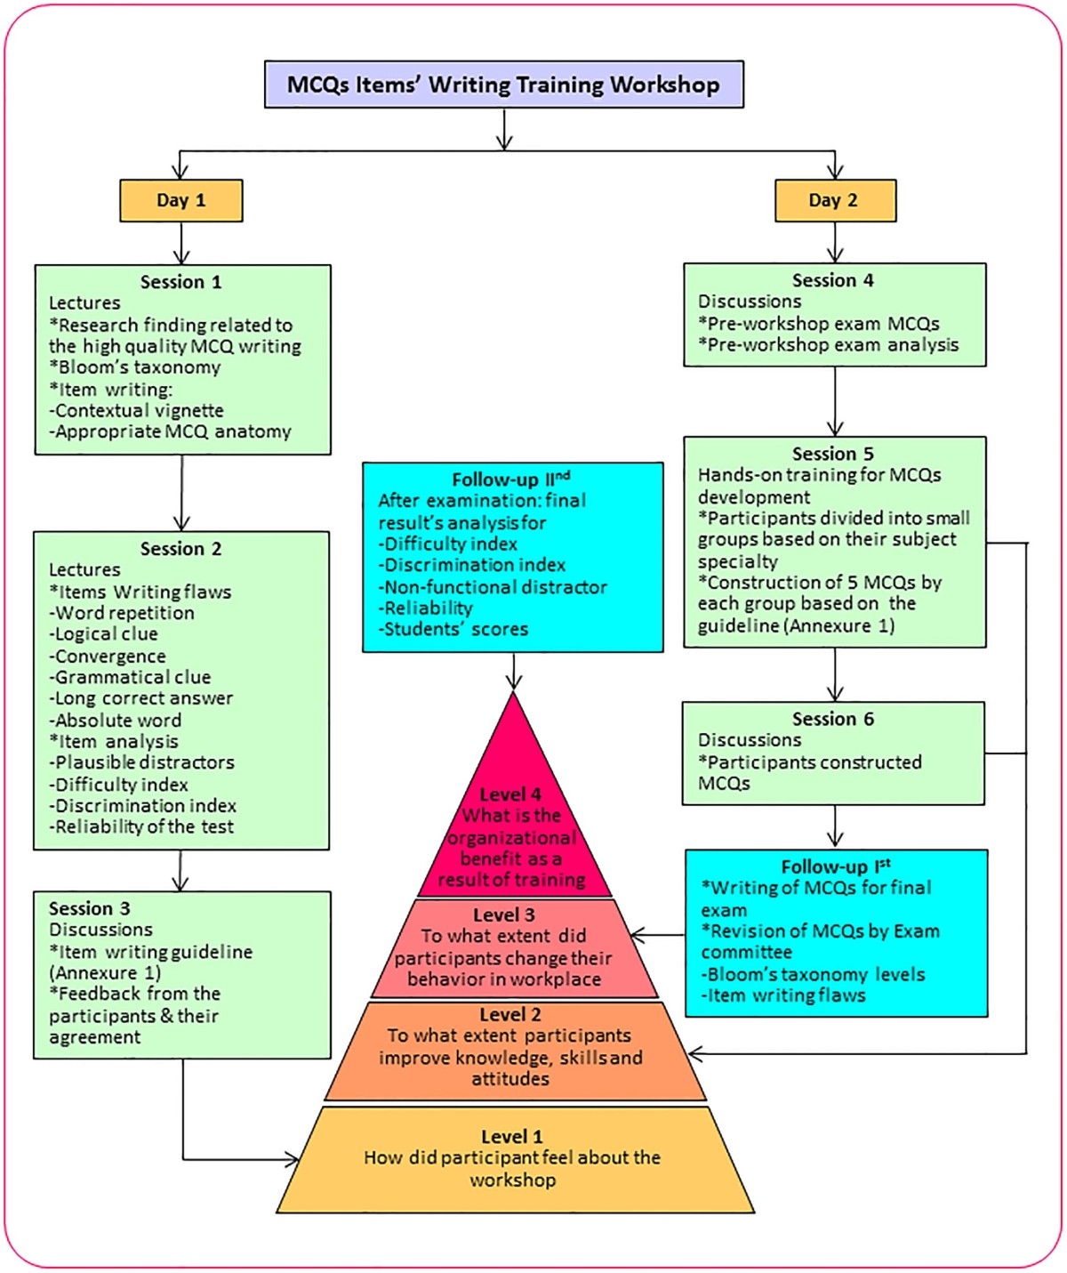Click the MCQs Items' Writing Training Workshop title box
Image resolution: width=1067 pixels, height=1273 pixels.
point(503,85)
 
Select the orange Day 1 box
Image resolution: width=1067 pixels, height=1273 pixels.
point(181,200)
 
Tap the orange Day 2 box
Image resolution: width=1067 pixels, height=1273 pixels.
point(834,200)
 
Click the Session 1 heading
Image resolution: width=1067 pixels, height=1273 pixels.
point(181,282)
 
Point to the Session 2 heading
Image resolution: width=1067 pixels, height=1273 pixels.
point(181,549)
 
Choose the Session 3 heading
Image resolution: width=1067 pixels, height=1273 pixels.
point(89,908)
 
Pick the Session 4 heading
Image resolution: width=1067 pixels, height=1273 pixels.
point(833,280)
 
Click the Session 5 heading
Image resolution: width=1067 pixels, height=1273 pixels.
point(833,454)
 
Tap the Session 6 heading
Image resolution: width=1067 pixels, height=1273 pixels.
point(833,719)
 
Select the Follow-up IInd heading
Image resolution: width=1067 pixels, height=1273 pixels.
point(510,479)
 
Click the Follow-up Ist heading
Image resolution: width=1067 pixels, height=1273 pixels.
point(835,866)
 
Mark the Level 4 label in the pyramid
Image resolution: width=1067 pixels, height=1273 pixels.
point(510,794)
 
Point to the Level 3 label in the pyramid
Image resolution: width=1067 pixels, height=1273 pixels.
point(504,914)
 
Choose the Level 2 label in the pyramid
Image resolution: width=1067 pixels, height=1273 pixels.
point(510,1015)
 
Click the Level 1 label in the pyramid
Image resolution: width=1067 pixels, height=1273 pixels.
point(511,1137)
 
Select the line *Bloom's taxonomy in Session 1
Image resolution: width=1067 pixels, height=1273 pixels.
point(135,367)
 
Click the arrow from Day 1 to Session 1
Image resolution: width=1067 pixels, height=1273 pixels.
point(181,243)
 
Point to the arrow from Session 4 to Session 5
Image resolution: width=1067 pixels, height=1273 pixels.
point(835,400)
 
